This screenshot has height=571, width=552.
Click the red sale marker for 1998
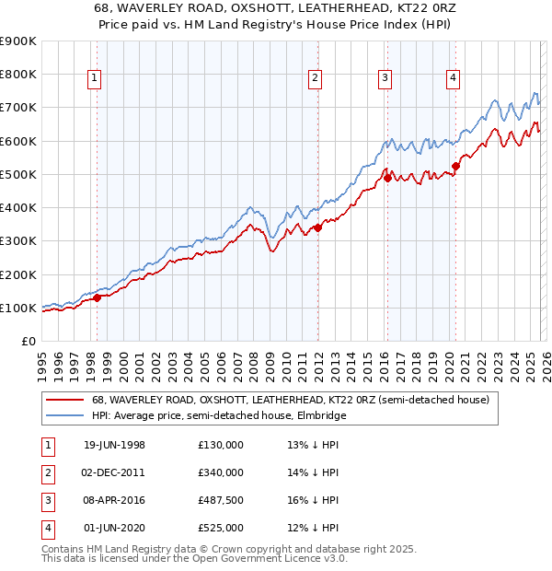98,297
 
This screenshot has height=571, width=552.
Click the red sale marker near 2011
317,227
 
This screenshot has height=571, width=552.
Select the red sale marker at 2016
387,178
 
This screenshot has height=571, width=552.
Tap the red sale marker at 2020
454,166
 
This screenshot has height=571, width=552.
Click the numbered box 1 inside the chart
95,79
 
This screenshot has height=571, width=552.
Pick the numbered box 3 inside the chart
384,79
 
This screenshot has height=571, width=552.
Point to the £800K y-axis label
18,75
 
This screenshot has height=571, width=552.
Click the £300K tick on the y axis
18,241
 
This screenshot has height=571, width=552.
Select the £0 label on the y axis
28,342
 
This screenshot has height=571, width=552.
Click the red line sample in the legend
64,400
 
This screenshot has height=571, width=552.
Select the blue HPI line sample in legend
64,415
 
